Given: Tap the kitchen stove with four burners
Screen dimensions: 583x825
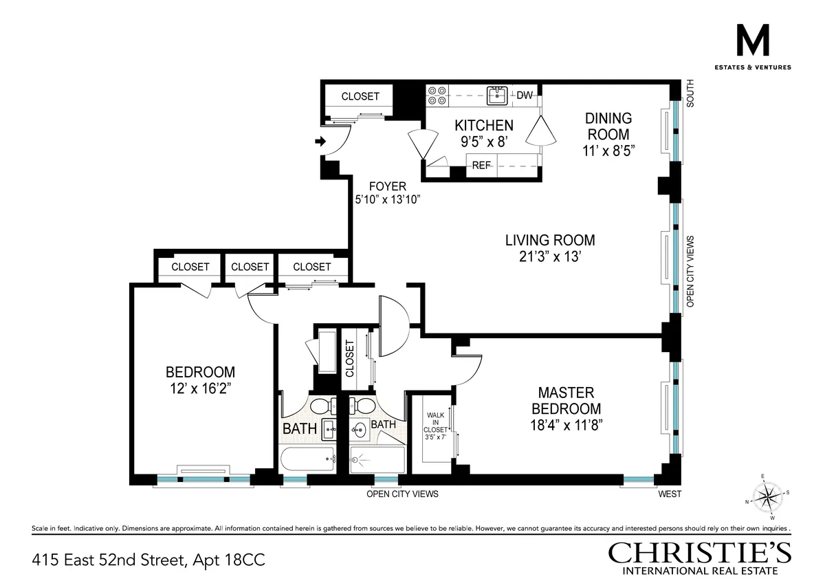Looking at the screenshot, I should [437, 96].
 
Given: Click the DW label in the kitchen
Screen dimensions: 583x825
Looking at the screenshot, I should [525, 96].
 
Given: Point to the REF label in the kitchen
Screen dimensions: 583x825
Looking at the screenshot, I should [481, 165].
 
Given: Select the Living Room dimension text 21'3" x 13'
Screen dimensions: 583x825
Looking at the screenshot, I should [550, 256].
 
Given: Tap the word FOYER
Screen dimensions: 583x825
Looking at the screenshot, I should [387, 186].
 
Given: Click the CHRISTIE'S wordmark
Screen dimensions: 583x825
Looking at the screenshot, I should [699, 553].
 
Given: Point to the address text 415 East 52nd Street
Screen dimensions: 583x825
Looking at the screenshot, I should [148, 560].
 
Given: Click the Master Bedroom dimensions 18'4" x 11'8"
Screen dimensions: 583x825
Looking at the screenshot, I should [566, 425].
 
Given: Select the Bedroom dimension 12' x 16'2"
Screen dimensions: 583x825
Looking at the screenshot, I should [200, 388].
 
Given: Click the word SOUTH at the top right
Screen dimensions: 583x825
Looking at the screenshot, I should [690, 93].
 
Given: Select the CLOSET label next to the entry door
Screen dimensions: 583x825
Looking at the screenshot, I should [360, 96].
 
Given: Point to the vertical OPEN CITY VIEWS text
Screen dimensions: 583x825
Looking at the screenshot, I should [690, 271].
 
